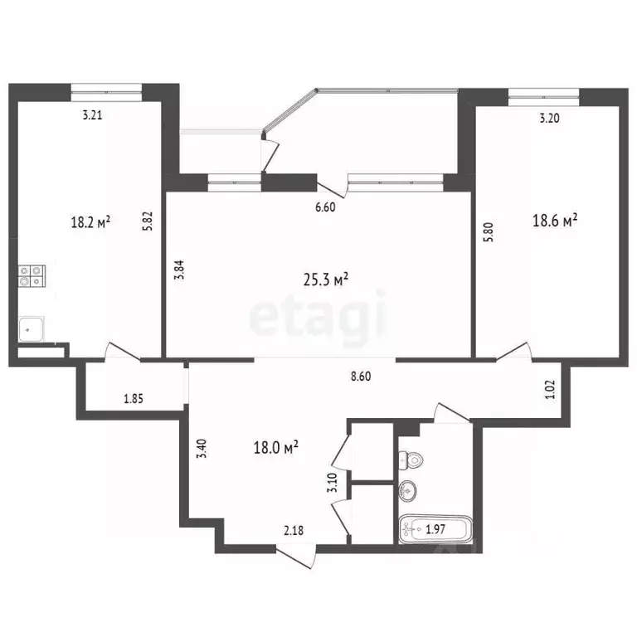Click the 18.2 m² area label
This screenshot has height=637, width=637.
(x=91, y=221)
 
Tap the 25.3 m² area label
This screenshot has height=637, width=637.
(x=324, y=280)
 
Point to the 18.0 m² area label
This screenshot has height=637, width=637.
(x=275, y=448)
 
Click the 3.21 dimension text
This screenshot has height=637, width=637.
(x=91, y=116)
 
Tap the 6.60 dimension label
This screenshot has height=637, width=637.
(x=324, y=208)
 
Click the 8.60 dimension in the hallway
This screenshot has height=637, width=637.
(x=361, y=376)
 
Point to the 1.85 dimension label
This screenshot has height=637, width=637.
(x=134, y=399)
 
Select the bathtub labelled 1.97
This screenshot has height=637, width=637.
(x=435, y=528)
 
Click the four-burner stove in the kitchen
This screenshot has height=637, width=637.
(x=32, y=275)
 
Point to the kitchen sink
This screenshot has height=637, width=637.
(x=31, y=330)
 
